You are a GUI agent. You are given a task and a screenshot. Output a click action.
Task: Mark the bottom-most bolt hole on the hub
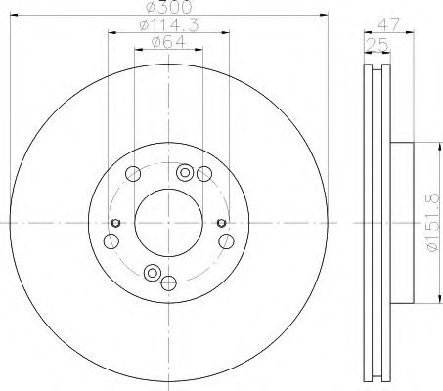point(168,283)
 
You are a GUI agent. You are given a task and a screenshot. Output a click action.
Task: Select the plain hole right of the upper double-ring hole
point(203,174)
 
